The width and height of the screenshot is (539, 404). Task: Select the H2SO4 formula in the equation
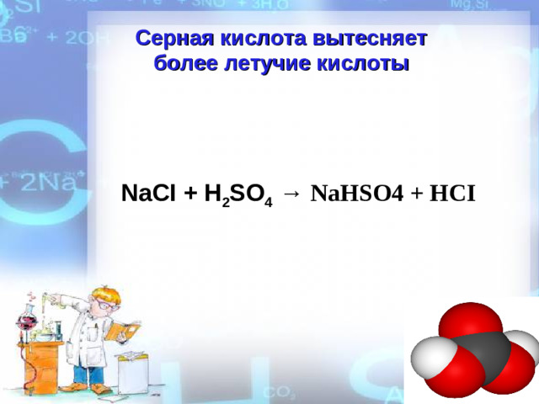237,195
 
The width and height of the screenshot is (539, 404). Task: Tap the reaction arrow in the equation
291,194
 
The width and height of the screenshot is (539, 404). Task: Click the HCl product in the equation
452,194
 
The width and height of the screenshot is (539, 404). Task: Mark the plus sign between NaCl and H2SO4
190,194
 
